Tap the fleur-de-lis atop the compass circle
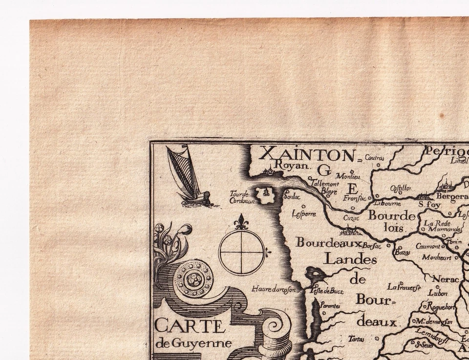pos(241,222)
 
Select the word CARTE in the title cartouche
pos(190,326)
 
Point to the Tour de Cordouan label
pos(242,196)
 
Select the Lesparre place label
pos(303,213)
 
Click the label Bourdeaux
pos(328,242)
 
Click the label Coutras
pos(374,158)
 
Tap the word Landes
pos(350,259)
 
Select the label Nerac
pos(446,279)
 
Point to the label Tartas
pos(356,338)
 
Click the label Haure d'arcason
pos(274,289)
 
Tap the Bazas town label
pos(402,253)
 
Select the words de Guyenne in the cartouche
pos(194,343)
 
